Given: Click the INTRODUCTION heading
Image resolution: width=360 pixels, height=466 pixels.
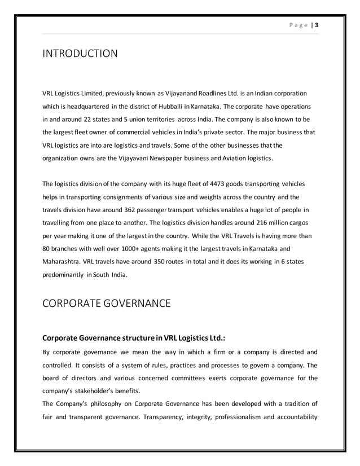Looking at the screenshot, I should coord(80,54).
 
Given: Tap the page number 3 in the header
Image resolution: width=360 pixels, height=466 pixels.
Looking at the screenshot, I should coord(317,25).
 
